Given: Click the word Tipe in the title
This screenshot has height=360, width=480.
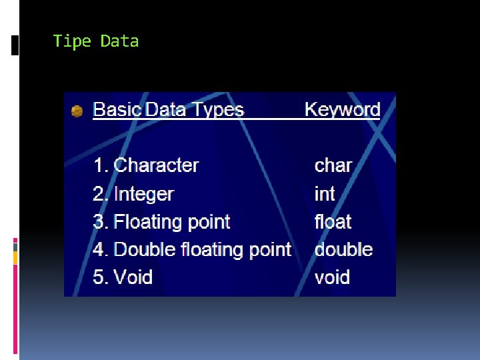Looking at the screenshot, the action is click(x=72, y=41).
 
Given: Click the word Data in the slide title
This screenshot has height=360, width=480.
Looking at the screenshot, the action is click(x=120, y=41).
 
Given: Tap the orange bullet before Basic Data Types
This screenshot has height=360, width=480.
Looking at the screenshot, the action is click(x=77, y=111).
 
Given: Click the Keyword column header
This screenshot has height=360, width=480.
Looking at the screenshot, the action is click(x=342, y=110).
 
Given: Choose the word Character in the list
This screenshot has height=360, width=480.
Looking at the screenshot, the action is click(x=157, y=165).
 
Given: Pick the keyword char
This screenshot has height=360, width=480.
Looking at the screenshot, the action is click(x=333, y=165).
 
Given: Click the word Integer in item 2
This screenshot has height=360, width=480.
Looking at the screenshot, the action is click(x=143, y=194).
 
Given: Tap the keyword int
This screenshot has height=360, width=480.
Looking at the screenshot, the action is click(x=325, y=194).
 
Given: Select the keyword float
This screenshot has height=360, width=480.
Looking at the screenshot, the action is click(x=333, y=221).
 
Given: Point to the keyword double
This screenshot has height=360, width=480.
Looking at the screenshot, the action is click(x=343, y=249).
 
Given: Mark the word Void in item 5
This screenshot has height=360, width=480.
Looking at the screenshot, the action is click(x=133, y=277).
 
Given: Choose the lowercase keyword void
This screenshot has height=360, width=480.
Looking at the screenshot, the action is click(x=332, y=277).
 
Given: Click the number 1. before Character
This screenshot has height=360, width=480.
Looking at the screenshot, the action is click(x=101, y=165).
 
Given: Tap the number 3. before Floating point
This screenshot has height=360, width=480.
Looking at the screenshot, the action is click(x=101, y=221).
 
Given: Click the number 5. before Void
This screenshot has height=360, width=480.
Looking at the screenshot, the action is click(x=101, y=277).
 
